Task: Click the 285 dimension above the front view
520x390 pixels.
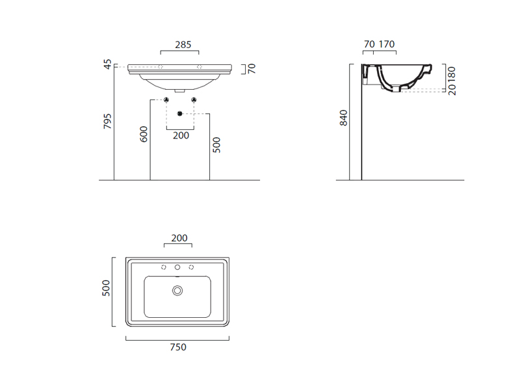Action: coord(183,44)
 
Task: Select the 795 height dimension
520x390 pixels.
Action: coord(107,121)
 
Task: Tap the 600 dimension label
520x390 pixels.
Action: coord(144,134)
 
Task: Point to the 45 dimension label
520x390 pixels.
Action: coord(108,64)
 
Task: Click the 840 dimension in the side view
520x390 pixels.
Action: coord(344,118)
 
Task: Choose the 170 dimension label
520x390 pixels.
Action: coord(387,44)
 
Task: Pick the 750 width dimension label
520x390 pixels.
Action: coord(178,347)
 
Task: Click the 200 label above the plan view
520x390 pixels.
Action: coord(179,238)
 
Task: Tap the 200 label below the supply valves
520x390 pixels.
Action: coord(181,135)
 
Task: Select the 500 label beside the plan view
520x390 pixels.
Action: coord(106,288)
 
